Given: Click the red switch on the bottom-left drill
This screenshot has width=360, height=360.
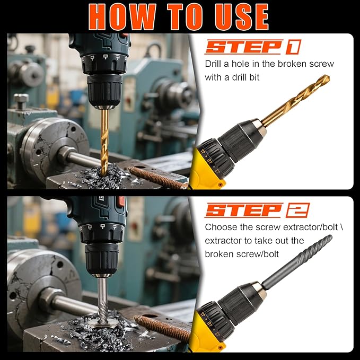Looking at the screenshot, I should point(121,203).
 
